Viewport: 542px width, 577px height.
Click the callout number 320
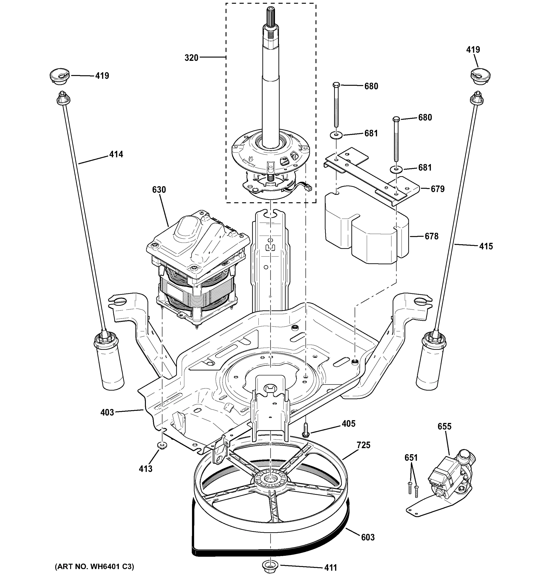pyautogui.click(x=191, y=58)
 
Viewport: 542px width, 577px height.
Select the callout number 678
pyautogui.click(x=431, y=236)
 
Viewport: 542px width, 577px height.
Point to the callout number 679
pyautogui.click(x=437, y=189)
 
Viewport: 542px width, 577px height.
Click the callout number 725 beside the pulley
pyautogui.click(x=364, y=445)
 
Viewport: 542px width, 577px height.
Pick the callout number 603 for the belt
pyautogui.click(x=368, y=538)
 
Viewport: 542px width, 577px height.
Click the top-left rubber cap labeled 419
pyautogui.click(x=60, y=76)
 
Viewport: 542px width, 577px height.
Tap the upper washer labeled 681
pyautogui.click(x=336, y=135)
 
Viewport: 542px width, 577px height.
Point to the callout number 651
pyautogui.click(x=411, y=458)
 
